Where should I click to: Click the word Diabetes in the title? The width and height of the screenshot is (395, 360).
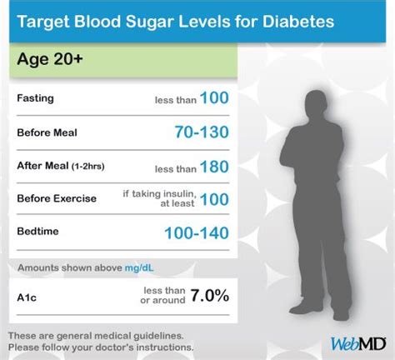coord(298,22)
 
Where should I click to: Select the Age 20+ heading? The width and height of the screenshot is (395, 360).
coord(50,59)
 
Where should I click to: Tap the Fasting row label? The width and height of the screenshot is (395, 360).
coord(35,98)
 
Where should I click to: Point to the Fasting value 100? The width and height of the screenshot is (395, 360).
coord(214,97)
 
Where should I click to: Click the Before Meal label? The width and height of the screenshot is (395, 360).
coord(47,132)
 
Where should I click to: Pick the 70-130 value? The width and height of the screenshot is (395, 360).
coord(202,132)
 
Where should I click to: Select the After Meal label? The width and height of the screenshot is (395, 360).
coord(42,166)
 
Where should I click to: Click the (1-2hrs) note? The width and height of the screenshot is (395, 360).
coord(88,167)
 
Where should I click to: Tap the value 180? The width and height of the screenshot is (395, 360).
coord(214,167)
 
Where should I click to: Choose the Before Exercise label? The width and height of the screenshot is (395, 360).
coord(57,198)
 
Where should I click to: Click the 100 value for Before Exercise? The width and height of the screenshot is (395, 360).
coord(214,199)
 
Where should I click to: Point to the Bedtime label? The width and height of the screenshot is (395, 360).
coord(37,231)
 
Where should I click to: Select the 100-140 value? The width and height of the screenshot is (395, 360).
coord(197,232)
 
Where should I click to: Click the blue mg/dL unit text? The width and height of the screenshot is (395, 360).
coord(139,268)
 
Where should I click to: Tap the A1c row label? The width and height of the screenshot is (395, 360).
coord(27,297)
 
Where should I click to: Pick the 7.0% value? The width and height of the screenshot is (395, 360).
coord(210,295)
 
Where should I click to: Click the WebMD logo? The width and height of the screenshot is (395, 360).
coord(358,344)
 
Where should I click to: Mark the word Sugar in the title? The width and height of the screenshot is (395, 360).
coord(150,22)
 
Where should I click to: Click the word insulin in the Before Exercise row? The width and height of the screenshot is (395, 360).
coord(179,193)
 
